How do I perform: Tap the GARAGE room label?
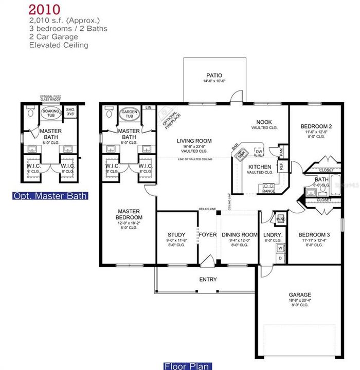[x=299, y=295]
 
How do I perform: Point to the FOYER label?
[x=208, y=235]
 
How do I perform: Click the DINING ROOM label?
[x=239, y=235]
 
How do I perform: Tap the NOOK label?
[x=265, y=122]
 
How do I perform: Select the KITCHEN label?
[x=259, y=168]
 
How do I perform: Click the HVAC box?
[x=281, y=219]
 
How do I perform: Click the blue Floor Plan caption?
[x=187, y=366]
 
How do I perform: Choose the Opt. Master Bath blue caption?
[x=50, y=196]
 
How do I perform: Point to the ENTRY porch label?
[x=208, y=280]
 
